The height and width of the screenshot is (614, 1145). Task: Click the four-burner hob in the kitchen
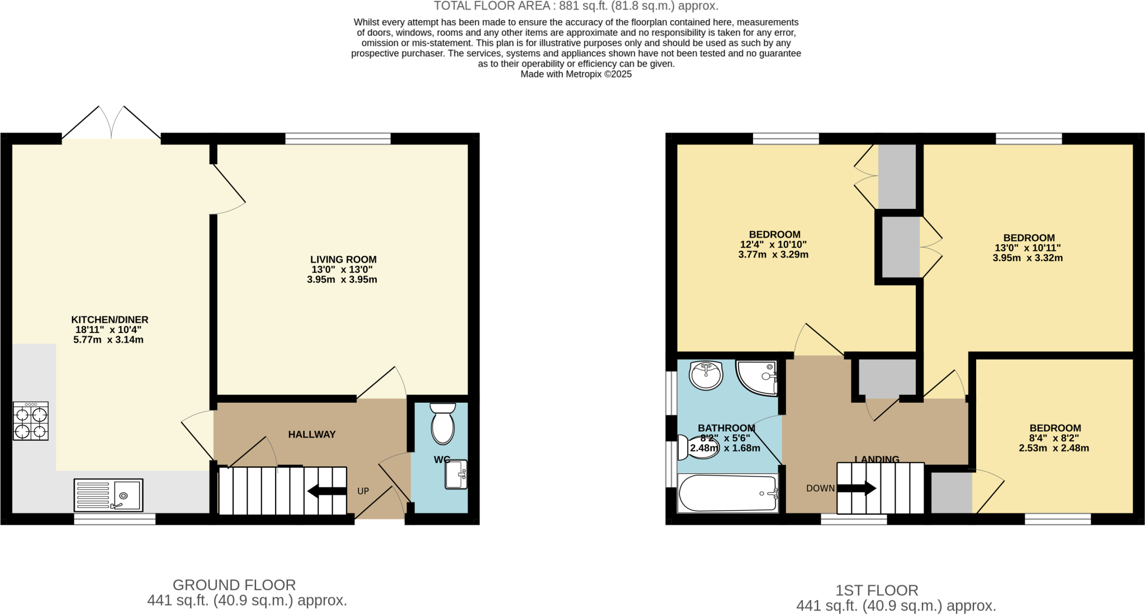click(x=31, y=421)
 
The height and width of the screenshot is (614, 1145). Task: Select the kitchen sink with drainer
click(x=108, y=495)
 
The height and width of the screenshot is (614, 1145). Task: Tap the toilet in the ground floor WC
click(x=443, y=424)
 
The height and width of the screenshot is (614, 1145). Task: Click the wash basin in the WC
click(x=456, y=474)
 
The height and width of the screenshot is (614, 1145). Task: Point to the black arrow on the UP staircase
click(x=327, y=492)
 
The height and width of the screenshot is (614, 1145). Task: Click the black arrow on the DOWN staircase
click(x=856, y=488)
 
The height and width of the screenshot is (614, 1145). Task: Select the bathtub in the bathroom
click(x=727, y=493)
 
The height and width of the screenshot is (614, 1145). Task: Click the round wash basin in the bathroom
click(x=706, y=375)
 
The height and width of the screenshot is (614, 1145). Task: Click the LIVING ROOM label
click(x=343, y=260)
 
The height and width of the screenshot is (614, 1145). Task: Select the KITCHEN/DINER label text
click(x=110, y=320)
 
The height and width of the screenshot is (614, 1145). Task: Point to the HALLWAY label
click(x=311, y=435)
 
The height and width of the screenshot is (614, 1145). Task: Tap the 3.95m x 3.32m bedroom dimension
click(x=1028, y=258)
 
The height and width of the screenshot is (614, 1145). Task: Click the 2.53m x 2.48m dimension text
click(x=1054, y=448)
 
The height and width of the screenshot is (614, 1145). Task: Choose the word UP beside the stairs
click(x=363, y=492)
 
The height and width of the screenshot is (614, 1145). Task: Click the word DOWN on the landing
click(x=820, y=488)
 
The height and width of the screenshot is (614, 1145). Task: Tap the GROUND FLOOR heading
click(x=234, y=585)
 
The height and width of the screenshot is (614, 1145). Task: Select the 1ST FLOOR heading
click(x=877, y=591)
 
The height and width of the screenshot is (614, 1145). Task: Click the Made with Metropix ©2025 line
click(x=576, y=74)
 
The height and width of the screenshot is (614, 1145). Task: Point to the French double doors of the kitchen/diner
click(x=111, y=123)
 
